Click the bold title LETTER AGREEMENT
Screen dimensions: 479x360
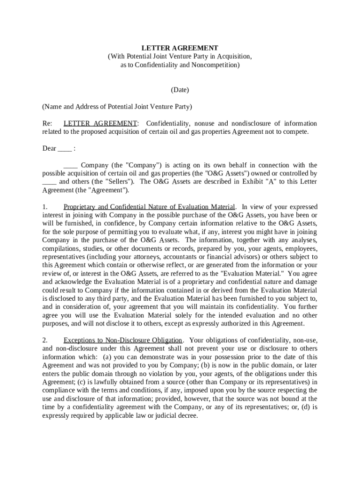[x=180, y=48]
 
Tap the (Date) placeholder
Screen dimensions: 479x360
[x=180, y=89]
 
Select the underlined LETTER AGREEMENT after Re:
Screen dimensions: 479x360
[x=100, y=123]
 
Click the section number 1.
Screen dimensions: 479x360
[x=45, y=207]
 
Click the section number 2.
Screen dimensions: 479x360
[x=45, y=340]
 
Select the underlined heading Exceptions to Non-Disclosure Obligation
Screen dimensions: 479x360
[x=123, y=340]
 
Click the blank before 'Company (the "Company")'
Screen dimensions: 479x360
[x=70, y=166]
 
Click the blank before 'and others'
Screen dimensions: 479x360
[x=49, y=182]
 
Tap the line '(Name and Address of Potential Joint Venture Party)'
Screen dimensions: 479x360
[x=117, y=107]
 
